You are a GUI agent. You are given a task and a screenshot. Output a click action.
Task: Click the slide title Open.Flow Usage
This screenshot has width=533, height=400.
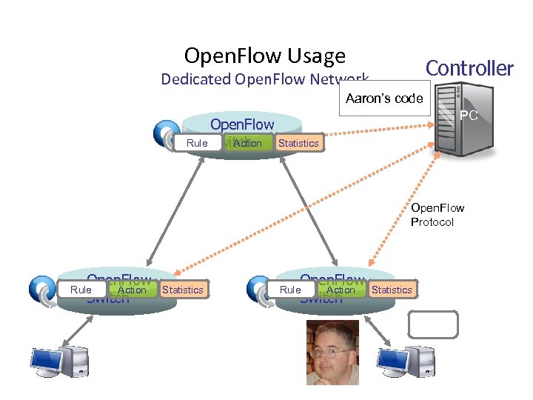tap(264, 56)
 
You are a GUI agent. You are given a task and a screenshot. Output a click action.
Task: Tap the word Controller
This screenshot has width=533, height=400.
tap(469, 68)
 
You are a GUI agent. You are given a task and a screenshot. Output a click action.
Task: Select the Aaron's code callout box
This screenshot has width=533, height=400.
tap(384, 99)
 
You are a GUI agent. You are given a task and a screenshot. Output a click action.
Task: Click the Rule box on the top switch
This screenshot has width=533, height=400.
tap(197, 143)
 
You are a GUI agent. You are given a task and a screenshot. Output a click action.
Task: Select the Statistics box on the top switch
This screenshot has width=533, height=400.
tap(298, 143)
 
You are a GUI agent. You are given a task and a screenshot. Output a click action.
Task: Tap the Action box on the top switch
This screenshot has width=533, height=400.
tap(247, 143)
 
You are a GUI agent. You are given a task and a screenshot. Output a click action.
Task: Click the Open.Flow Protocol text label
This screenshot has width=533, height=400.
tap(437, 215)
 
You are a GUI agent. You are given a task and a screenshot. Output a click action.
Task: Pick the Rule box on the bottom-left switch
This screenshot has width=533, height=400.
tap(81, 290)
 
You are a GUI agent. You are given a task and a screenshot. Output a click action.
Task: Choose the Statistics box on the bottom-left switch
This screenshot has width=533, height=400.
tap(182, 290)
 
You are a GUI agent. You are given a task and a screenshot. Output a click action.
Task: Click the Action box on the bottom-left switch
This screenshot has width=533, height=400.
tap(132, 290)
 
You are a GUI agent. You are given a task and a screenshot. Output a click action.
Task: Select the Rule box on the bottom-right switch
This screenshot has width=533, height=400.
tap(290, 290)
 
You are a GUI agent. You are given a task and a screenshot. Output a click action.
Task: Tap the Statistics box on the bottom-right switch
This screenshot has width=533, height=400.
tap(392, 290)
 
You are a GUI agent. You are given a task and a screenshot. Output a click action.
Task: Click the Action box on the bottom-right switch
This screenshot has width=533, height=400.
tap(341, 290)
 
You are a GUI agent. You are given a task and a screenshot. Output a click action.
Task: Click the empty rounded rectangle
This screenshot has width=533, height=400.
tap(433, 324)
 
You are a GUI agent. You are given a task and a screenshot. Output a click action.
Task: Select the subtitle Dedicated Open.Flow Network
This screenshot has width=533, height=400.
tap(264, 79)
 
